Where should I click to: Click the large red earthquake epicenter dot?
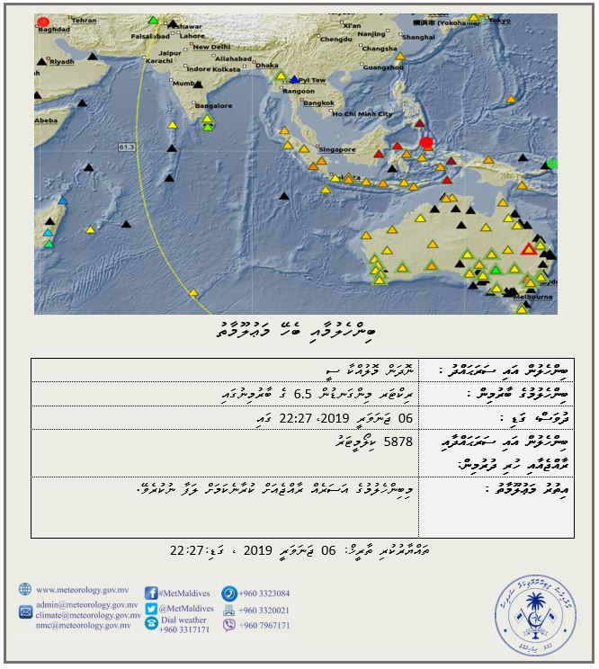pyautogui.click(x=426, y=142)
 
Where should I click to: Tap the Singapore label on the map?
pyautogui.click(x=337, y=149)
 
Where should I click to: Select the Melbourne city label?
pyautogui.click(x=533, y=296)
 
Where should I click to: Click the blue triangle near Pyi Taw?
pyautogui.click(x=295, y=80)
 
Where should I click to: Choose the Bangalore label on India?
pyautogui.click(x=214, y=105)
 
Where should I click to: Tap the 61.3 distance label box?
pyautogui.click(x=126, y=146)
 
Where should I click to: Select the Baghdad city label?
pyautogui.click(x=54, y=30)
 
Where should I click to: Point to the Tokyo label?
pyautogui.click(x=499, y=20)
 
